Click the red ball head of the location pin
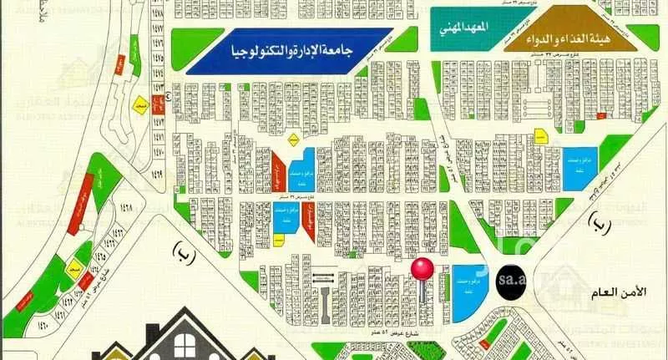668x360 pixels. (x=423, y=269)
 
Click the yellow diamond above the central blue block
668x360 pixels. (x=293, y=141)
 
